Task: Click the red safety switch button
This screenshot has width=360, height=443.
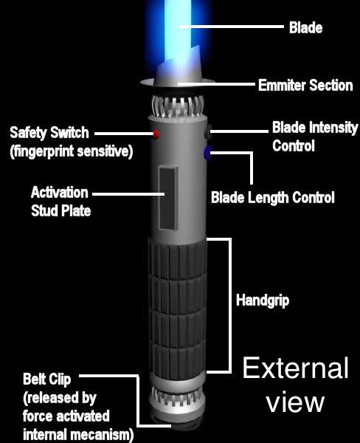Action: pos(156,134)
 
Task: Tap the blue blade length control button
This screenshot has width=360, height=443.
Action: pos(207,153)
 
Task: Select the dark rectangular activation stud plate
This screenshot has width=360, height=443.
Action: pos(168,198)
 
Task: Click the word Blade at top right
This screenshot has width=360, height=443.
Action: pos(306,28)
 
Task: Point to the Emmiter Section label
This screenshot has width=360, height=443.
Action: pos(305,86)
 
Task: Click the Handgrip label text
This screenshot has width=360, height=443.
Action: pos(263,301)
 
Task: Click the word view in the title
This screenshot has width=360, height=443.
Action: pos(295,402)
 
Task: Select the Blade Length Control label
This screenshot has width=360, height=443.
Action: pos(273,197)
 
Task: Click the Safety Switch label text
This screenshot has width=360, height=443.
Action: pos(49,133)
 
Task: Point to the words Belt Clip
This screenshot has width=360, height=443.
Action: pos(47,380)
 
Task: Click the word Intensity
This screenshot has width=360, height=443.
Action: pos(334,128)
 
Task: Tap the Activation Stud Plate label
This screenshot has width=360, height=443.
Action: pos(60,201)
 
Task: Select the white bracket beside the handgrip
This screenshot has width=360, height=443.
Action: pos(230,306)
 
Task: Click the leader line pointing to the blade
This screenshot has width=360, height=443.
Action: pos(232,27)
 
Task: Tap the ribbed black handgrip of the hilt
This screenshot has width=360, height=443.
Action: pos(177,309)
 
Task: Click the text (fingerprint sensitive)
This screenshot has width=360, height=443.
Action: pos(72,151)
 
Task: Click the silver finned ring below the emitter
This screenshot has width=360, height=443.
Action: pos(177,107)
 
